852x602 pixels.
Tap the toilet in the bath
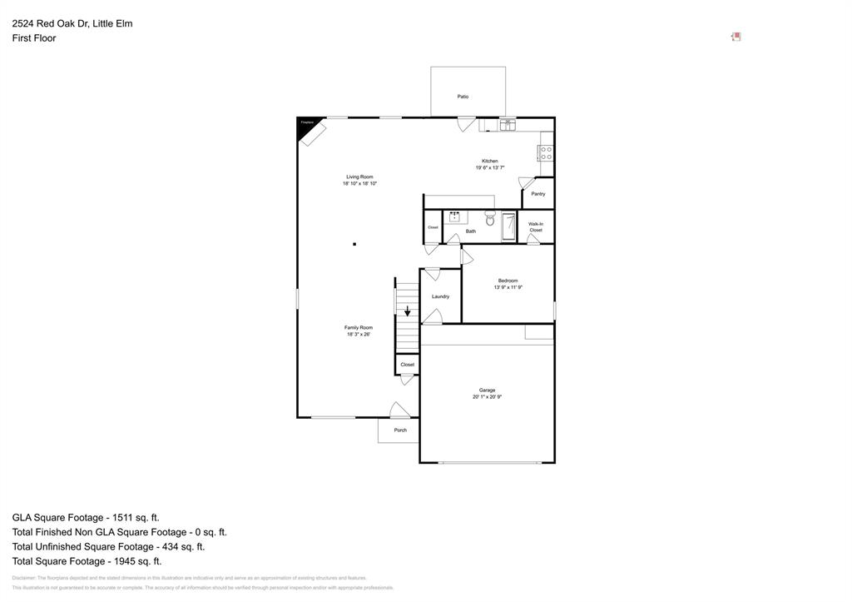point(490,220)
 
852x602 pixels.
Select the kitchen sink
point(508,125)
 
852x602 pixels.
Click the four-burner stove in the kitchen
point(547,153)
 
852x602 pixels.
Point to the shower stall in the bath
point(509,226)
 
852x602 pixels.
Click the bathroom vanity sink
point(455,218)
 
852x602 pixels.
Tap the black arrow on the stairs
point(407,311)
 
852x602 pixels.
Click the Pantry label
point(538,194)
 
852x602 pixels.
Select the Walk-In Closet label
point(536,226)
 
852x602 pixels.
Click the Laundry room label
point(440,296)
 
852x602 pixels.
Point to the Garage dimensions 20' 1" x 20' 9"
point(487,397)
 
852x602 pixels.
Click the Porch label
point(400,430)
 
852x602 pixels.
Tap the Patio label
point(463,97)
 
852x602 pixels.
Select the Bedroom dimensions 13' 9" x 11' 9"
point(508,287)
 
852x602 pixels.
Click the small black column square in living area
point(354,244)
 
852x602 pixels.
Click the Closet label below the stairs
point(407,365)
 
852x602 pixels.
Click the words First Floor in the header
point(34,38)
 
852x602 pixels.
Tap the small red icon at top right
point(736,37)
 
